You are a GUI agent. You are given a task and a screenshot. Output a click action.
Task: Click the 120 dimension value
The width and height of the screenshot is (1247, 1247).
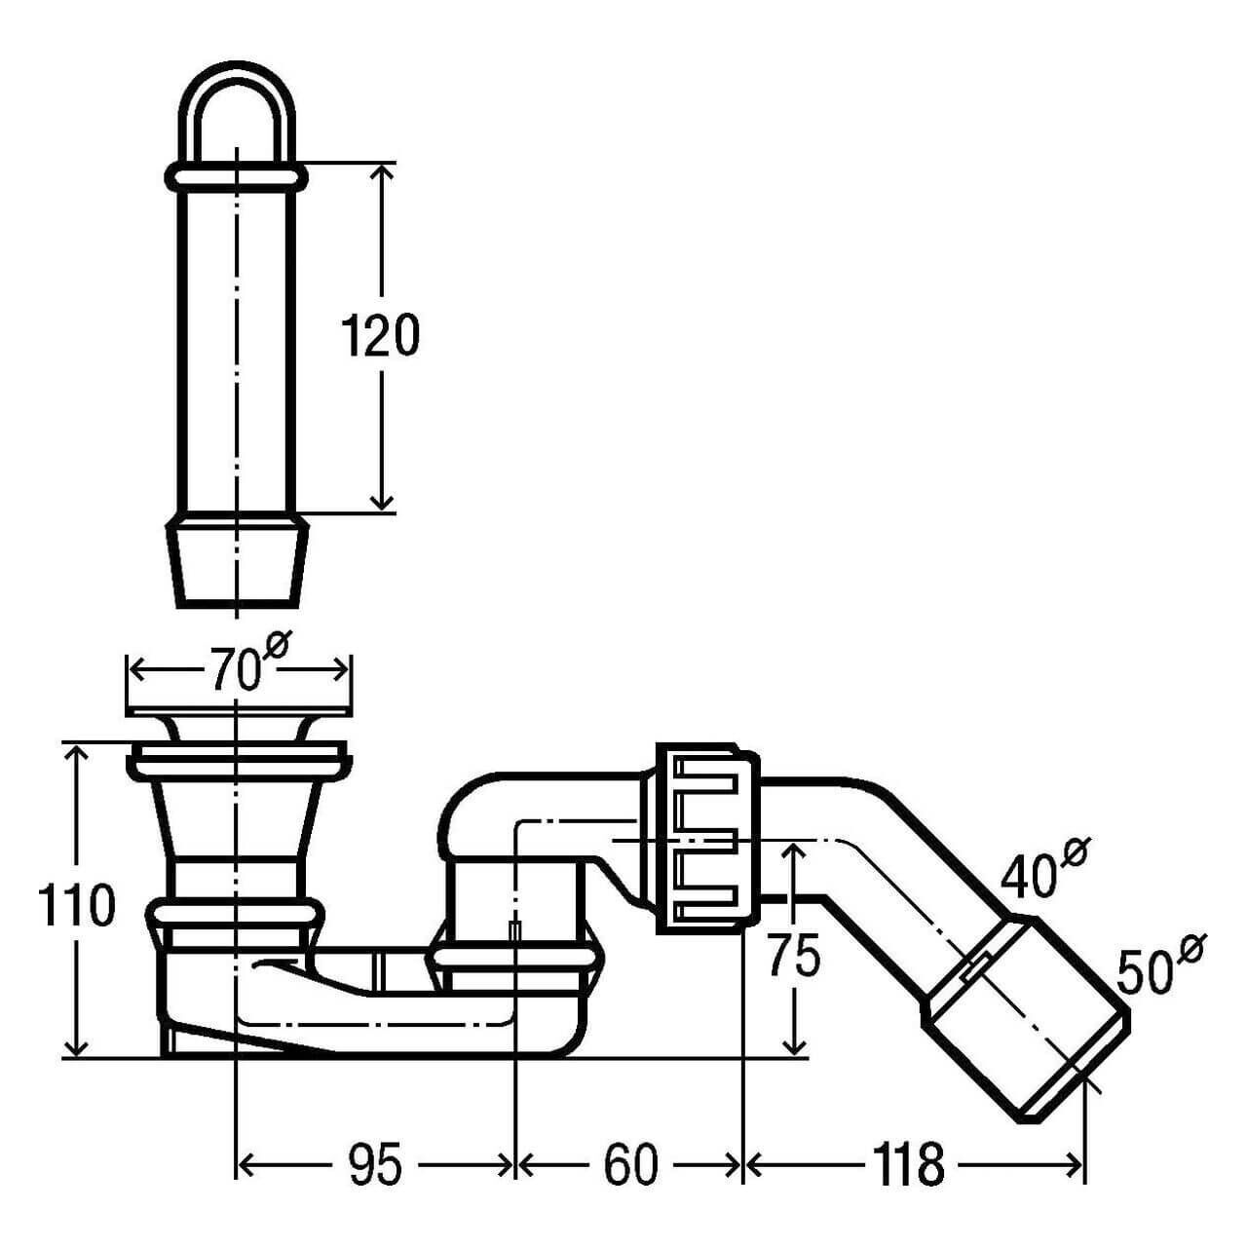(381, 336)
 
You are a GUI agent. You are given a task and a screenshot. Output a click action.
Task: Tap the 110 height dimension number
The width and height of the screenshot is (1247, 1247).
(77, 906)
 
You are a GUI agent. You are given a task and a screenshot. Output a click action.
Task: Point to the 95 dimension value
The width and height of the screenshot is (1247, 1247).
(375, 1164)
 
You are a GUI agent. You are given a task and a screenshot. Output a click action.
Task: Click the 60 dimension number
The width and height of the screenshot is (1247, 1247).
(631, 1164)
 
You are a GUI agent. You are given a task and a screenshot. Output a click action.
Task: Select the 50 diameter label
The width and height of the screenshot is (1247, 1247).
(1146, 971)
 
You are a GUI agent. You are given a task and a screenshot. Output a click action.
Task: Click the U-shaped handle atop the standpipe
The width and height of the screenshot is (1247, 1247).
(237, 107)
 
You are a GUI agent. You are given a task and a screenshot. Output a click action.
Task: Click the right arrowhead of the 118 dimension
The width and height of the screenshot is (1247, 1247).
(1076, 1165)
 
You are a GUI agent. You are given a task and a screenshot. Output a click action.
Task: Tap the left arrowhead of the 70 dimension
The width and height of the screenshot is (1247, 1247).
(136, 671)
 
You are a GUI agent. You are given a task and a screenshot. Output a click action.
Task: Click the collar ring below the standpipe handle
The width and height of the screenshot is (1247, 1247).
(237, 177)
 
